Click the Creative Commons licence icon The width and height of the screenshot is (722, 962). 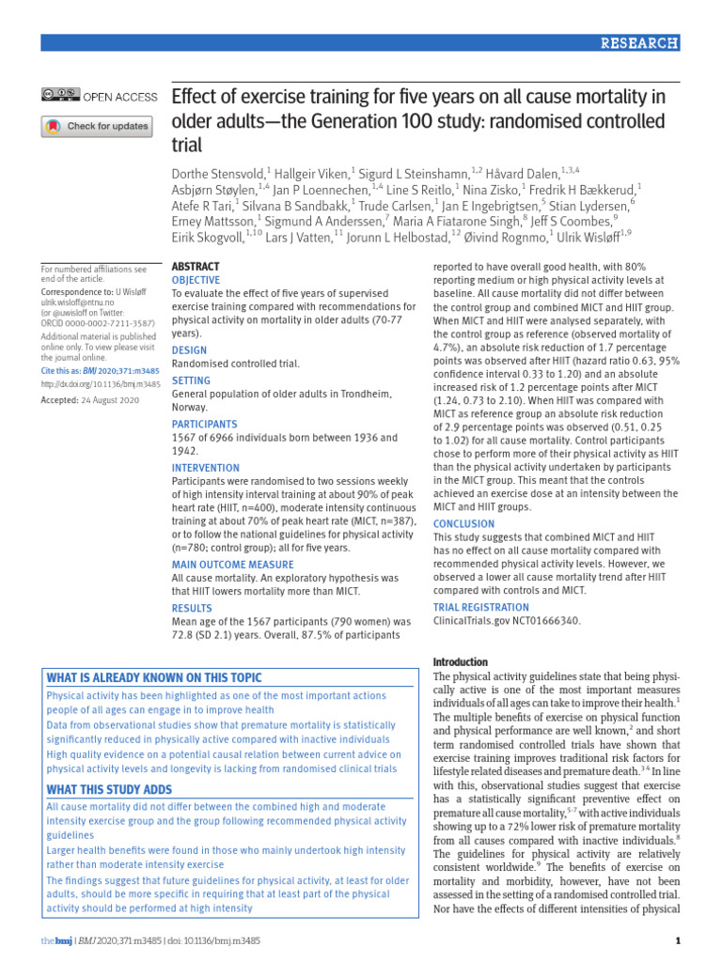60,95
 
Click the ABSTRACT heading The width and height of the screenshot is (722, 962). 196,267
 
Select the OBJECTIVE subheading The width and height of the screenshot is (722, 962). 196,280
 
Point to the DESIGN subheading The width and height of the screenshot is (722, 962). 190,350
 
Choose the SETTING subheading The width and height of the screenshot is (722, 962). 192,381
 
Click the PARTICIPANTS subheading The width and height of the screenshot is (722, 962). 204,425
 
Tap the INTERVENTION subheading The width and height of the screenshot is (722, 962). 206,468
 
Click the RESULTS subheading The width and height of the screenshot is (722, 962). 193,608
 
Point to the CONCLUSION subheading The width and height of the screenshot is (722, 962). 463,524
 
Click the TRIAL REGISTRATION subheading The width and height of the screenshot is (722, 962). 480,608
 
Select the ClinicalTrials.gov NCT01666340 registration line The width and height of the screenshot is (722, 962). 507,621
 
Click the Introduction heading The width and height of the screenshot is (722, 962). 460,661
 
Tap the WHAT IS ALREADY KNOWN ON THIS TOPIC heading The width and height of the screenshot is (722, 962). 155,678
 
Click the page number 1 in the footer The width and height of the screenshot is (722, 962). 679,941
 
